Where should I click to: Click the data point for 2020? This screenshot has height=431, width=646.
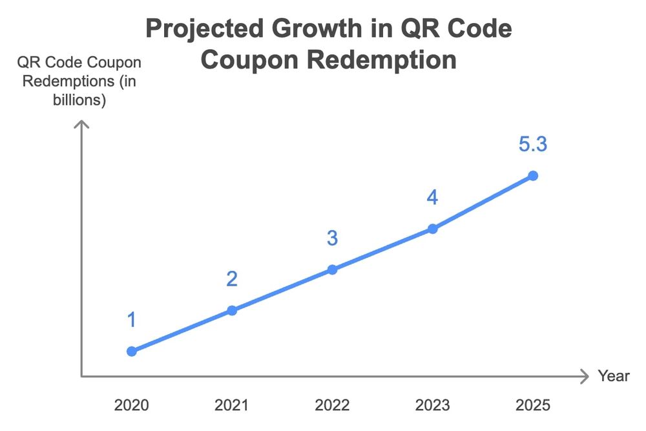132,351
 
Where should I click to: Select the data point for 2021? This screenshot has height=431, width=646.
232,310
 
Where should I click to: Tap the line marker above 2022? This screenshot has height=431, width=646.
332,269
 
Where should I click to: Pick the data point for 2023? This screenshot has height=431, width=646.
433,228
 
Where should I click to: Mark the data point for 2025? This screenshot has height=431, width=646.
533,175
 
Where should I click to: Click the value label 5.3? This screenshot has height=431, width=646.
533,145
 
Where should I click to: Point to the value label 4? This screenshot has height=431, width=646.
432,198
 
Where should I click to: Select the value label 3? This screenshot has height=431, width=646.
332,238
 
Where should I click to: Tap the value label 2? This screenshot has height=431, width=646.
232,279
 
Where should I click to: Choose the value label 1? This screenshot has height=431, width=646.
132,320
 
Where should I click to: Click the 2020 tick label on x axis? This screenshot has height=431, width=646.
132,405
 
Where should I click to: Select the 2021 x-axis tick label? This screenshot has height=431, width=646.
232,405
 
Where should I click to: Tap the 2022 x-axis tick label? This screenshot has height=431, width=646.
332,405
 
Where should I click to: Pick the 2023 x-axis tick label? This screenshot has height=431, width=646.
433,405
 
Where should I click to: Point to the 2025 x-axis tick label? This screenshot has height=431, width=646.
533,405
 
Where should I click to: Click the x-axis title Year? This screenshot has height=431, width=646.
613,376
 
